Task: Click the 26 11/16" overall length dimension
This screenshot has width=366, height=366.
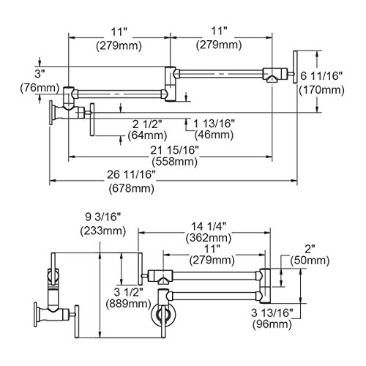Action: click(131, 175)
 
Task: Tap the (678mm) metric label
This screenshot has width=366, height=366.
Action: click(132, 189)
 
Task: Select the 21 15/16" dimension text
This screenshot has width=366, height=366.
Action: click(174, 150)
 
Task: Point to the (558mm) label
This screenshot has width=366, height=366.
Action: click(175, 162)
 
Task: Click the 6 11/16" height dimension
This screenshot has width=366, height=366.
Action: click(321, 76)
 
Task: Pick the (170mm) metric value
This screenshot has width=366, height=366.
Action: click(321, 90)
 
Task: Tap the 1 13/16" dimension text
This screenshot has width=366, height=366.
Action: click(214, 124)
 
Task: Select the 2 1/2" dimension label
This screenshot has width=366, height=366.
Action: click(147, 124)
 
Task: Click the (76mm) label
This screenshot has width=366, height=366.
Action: click(40, 87)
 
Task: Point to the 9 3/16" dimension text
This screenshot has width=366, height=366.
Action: click(103, 217)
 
